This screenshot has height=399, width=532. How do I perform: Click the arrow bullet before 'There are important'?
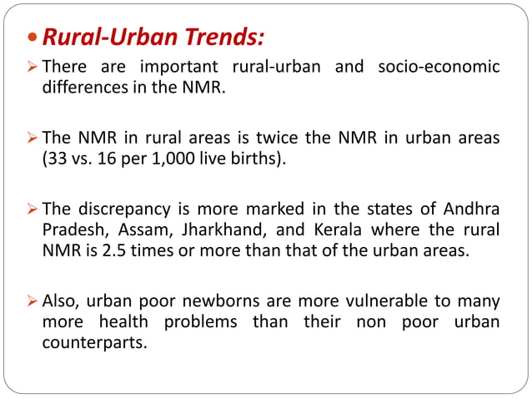(x=31, y=67)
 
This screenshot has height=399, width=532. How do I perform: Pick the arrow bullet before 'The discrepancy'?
(x=31, y=209)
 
